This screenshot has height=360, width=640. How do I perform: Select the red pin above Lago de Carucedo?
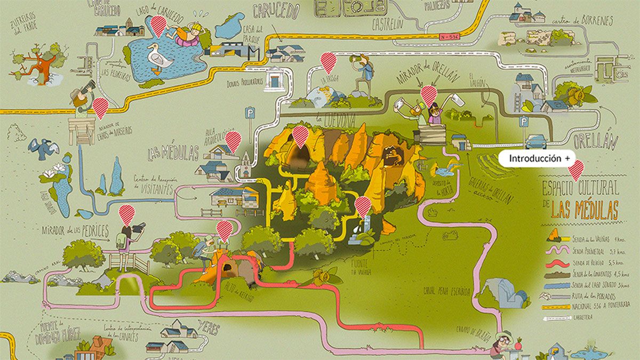[x=158, y=25]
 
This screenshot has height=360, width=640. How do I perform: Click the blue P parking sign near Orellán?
[x=524, y=122]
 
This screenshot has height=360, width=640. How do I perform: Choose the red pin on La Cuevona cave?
[x=300, y=135]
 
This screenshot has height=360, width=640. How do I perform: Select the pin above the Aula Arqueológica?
[x=233, y=141]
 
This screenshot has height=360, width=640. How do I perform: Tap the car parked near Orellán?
[x=536, y=142]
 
